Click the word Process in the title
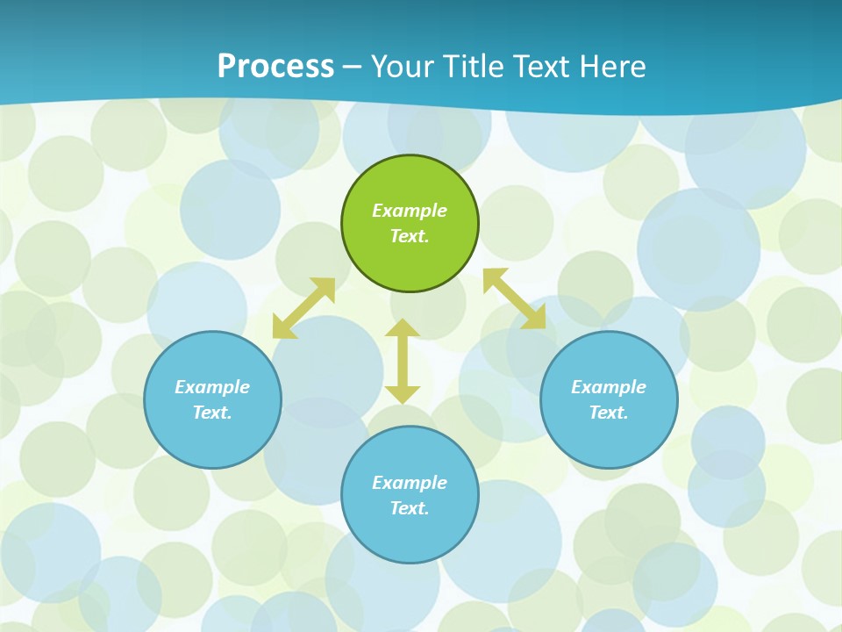[x=275, y=67]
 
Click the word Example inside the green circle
[x=410, y=211]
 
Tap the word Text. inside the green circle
[x=410, y=236]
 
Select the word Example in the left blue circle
[x=212, y=387]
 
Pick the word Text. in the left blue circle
[x=212, y=413]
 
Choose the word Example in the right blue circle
[x=609, y=387]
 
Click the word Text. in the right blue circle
[x=609, y=413]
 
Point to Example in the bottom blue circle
[x=410, y=483]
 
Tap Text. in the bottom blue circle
[x=410, y=508]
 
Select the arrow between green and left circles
[x=303, y=308]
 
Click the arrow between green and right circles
[x=515, y=298]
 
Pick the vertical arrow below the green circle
[x=403, y=361]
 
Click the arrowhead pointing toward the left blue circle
[x=282, y=328]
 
